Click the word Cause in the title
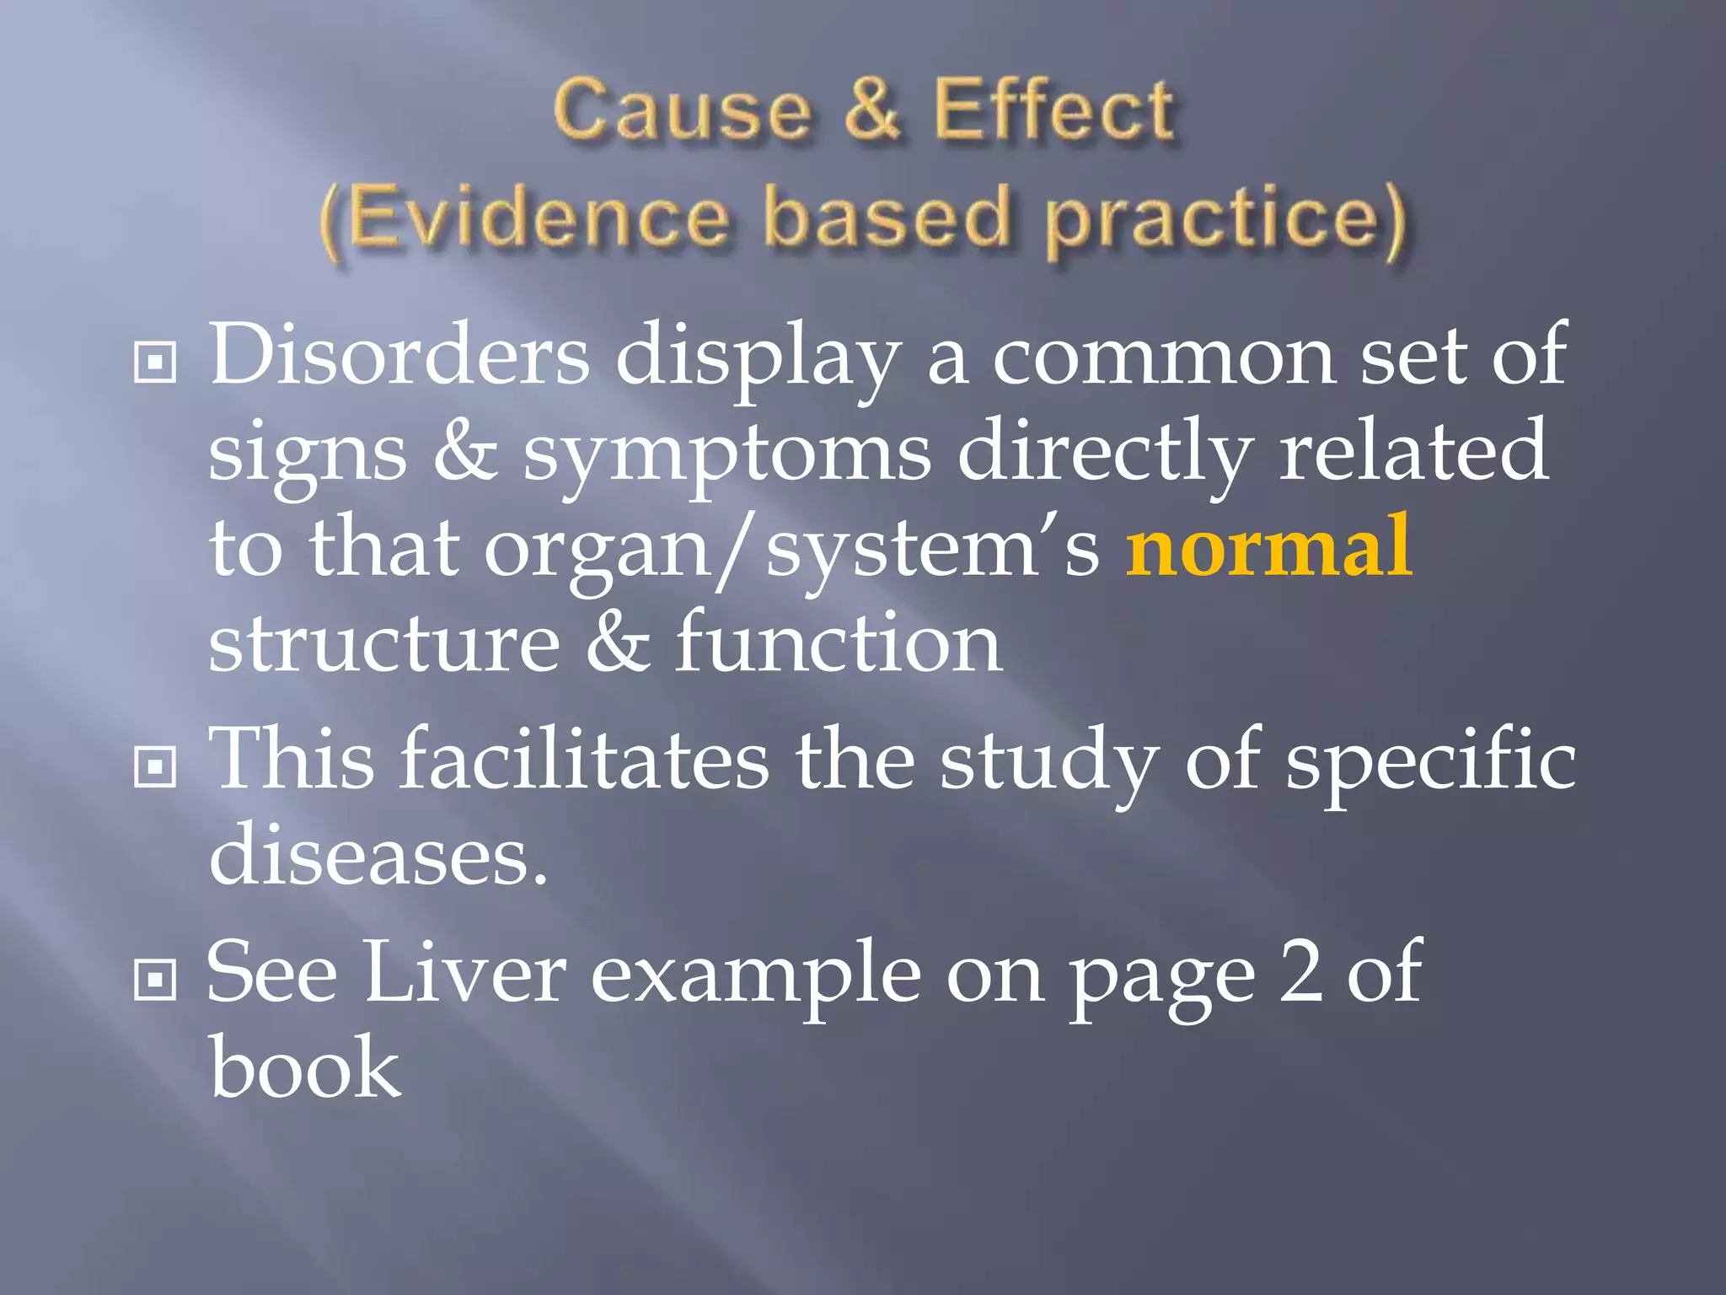click(682, 110)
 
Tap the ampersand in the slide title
click(871, 110)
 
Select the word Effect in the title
click(1053, 110)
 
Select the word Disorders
click(399, 354)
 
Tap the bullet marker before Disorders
click(155, 363)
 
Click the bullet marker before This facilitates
click(155, 766)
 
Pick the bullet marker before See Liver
click(155, 979)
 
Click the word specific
click(1430, 759)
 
